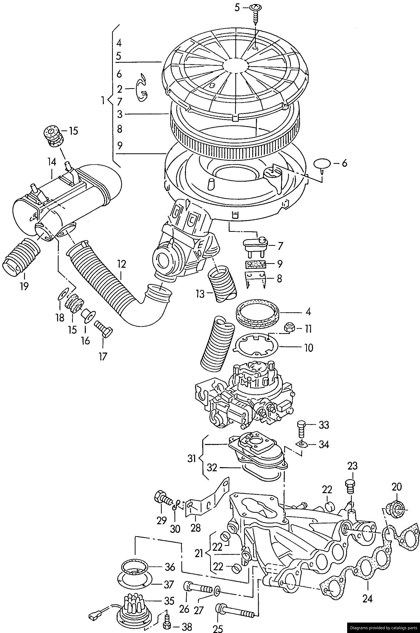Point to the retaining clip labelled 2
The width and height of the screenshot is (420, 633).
pyautogui.click(x=142, y=89)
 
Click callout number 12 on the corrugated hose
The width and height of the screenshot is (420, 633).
pyautogui.click(x=121, y=264)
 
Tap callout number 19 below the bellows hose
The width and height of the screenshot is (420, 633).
pyautogui.click(x=24, y=286)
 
